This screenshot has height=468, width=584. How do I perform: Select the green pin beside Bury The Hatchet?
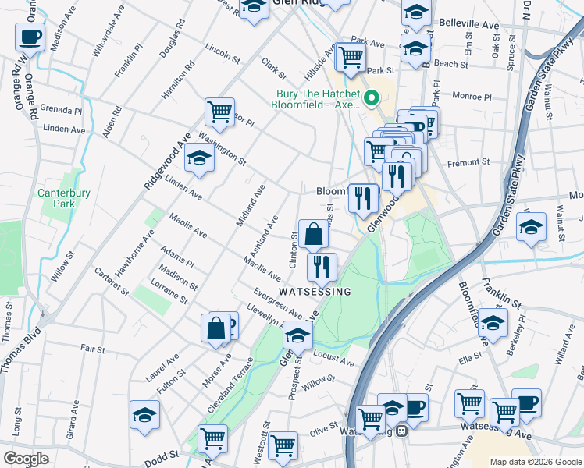372,98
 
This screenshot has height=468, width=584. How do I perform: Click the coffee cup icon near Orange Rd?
30,36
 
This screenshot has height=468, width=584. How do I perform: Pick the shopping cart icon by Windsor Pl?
220,111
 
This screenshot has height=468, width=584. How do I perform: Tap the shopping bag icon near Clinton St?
313,233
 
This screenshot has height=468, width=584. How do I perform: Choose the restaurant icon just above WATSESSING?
322,267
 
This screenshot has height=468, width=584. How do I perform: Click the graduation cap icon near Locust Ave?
297,335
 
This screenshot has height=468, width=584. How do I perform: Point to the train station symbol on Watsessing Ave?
401,431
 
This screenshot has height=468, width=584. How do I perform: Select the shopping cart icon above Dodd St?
212,438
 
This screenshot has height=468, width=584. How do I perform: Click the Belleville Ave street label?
468,25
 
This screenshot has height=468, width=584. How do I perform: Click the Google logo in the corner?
26,459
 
